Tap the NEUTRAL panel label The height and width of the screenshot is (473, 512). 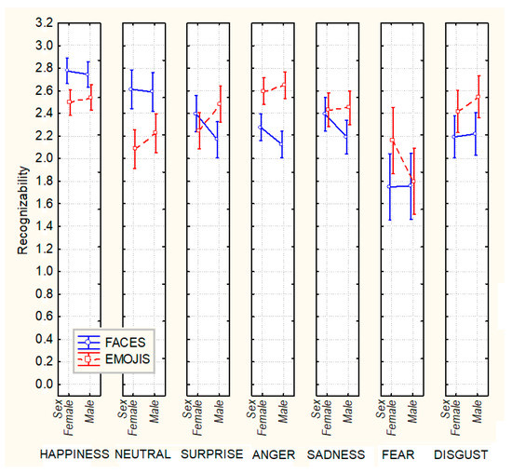click(x=145, y=453)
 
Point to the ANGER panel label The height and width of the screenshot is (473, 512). click(x=272, y=453)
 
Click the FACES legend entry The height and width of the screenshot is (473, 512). click(x=123, y=343)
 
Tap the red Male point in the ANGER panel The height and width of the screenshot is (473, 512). click(x=283, y=85)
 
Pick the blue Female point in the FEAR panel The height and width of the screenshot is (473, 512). click(x=390, y=186)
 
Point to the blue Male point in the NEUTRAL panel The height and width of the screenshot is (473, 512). click(x=153, y=90)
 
